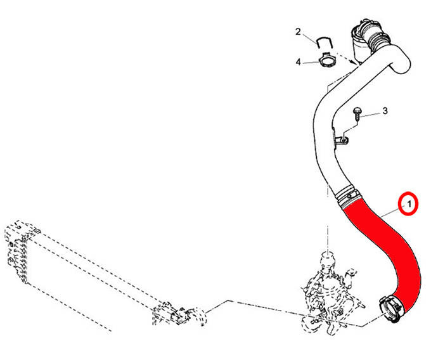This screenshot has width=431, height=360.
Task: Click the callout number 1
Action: tap(409, 204)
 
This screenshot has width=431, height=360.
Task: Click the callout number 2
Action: tap(299, 32)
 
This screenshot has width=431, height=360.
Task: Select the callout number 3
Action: tap(385, 111)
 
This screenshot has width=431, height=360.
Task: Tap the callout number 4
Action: tap(299, 62)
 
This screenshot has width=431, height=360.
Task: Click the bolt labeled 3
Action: tap(357, 114)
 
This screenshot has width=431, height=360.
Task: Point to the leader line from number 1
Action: tap(390, 212)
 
